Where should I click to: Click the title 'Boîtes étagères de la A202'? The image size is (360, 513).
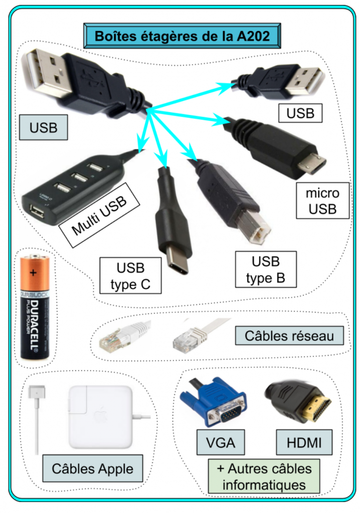[x=180, y=36]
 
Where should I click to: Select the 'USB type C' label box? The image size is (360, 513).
[x=130, y=276]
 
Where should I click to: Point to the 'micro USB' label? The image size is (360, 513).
[x=322, y=201]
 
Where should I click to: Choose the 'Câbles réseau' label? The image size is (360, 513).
[x=289, y=335]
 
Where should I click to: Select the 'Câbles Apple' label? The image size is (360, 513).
[x=93, y=469]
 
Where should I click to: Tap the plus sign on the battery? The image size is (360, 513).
[x=33, y=273]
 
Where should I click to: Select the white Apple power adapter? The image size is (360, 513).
[x=100, y=417]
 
